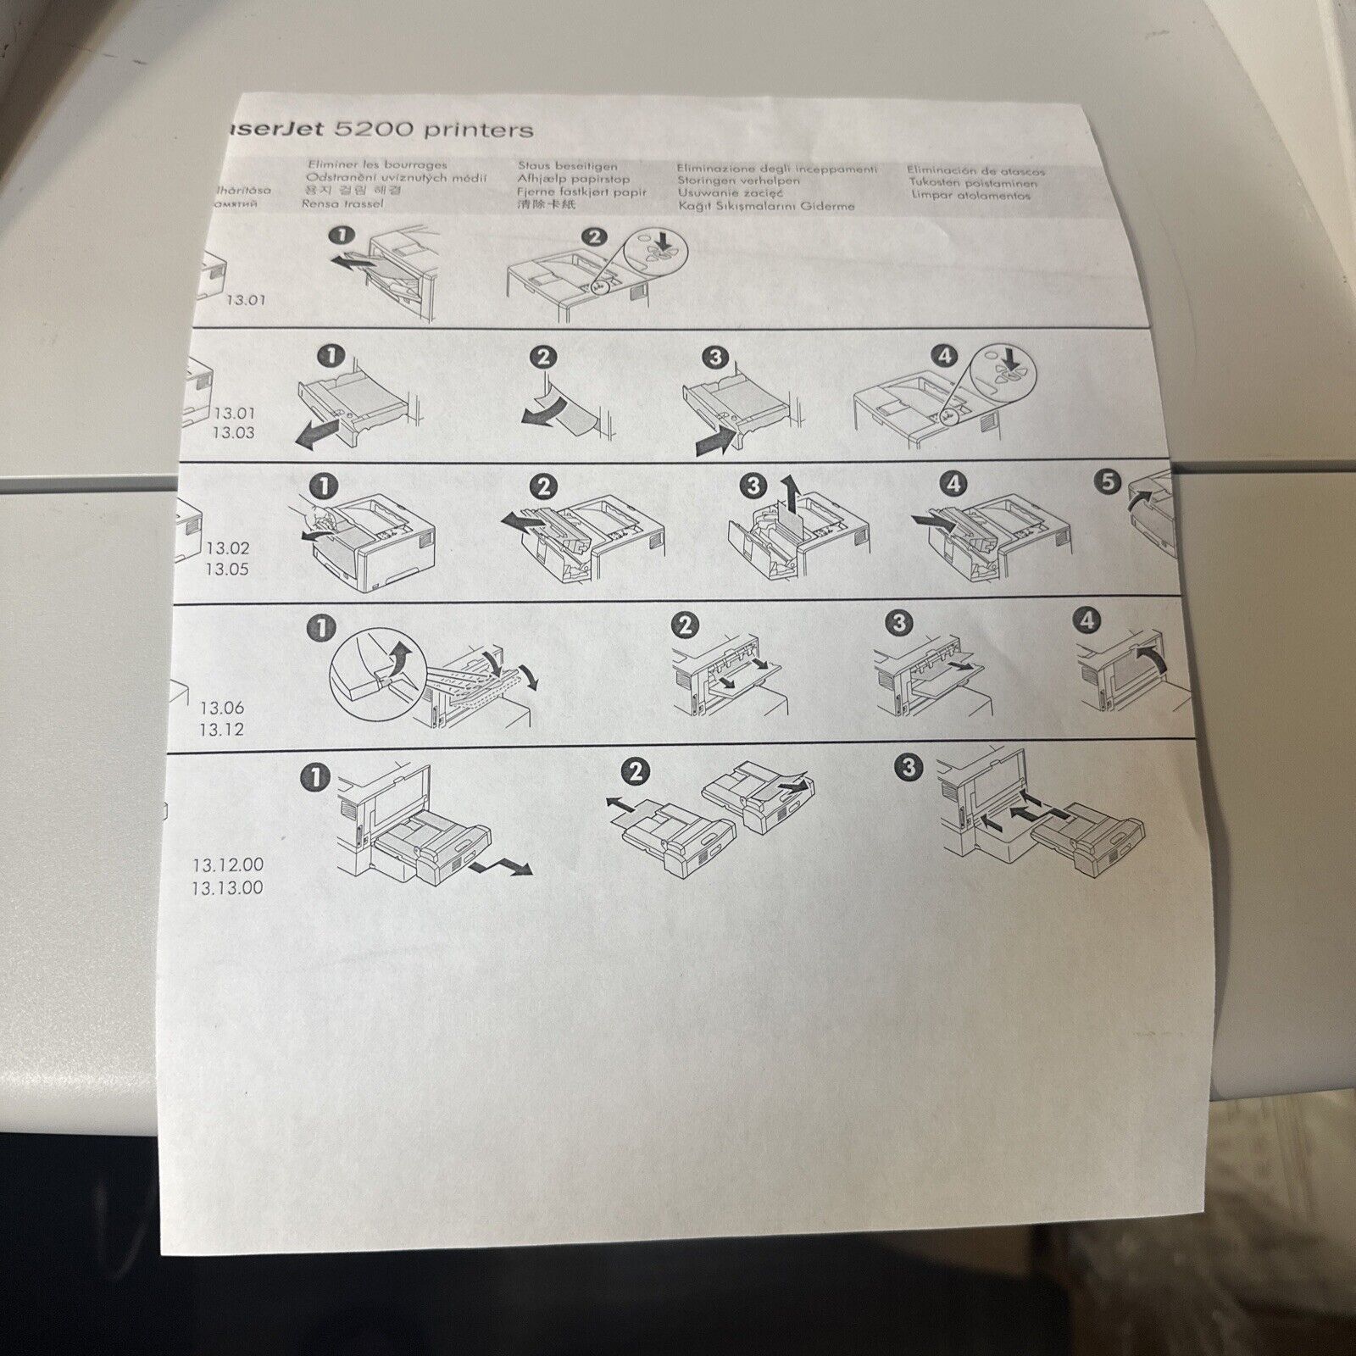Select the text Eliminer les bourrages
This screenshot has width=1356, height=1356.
coord(377,164)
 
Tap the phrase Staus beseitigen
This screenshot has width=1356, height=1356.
coord(568,166)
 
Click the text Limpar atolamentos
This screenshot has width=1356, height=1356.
coord(970,195)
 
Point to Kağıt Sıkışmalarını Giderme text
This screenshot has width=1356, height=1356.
coord(766,206)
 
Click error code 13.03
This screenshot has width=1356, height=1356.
coord(233,433)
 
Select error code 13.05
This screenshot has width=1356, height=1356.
coord(226,570)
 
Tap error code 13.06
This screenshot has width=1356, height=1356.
coord(221,708)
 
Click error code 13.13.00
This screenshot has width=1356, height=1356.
coord(227,888)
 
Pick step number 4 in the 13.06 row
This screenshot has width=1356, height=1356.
coord(1087,620)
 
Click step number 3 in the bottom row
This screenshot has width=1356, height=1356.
coord(909,768)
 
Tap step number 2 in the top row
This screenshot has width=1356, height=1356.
coord(594,236)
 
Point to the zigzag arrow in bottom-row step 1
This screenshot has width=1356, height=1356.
coord(503,865)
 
